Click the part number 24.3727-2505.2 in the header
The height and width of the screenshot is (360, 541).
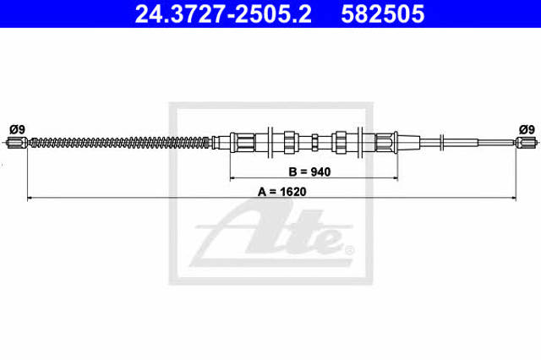223,14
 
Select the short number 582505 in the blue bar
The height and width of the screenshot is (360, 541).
382,14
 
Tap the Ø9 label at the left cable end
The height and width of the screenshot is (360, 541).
17,129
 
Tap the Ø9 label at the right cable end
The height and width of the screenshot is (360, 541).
527,129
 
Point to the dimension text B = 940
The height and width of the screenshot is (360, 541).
309,172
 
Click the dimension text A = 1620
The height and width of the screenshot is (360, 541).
281,191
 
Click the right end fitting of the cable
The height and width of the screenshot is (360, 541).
527,142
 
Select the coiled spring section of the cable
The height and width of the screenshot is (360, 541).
120,143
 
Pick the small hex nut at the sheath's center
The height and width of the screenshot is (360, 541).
314,142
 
